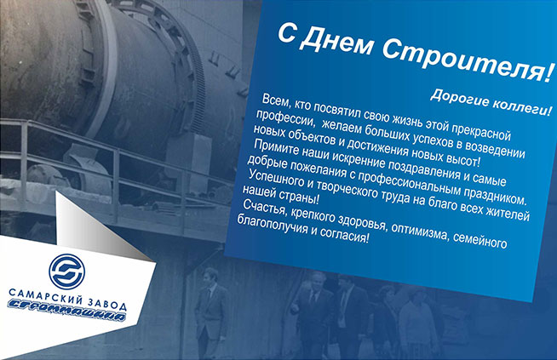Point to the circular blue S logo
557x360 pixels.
point(66,271)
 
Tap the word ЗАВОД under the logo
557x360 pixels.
point(107,304)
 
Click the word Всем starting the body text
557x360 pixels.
point(277,102)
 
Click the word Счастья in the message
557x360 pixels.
point(265,208)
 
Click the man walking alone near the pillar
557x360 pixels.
point(210,309)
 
